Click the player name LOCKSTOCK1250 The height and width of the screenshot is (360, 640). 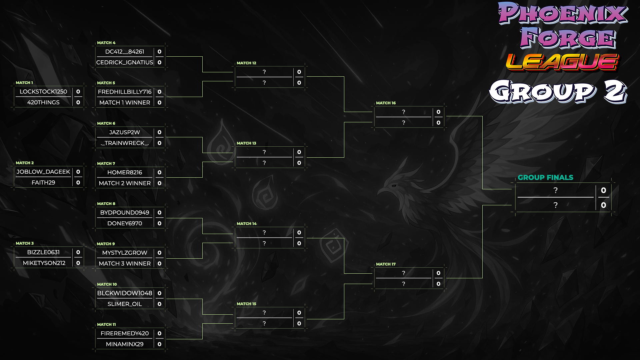click(43, 92)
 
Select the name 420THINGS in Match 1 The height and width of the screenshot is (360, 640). click(43, 102)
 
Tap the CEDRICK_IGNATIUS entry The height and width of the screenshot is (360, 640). click(125, 62)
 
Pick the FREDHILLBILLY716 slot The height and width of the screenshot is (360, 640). click(125, 92)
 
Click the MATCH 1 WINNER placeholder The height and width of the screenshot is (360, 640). click(125, 102)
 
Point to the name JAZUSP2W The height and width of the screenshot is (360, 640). click(125, 132)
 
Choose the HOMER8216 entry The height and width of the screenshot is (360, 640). click(125, 172)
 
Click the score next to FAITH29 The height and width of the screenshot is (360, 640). click(78, 183)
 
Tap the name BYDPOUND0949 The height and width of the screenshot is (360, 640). click(125, 213)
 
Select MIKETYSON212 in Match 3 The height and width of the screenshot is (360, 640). click(44, 263)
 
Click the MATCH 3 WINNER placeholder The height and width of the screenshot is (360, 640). click(125, 263)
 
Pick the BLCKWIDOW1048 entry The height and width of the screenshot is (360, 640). click(125, 293)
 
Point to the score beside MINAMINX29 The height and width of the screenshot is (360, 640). click(159, 344)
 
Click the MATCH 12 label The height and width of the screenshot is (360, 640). click(246, 63)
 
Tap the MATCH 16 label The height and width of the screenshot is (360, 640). click(386, 103)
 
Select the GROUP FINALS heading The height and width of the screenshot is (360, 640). click(545, 177)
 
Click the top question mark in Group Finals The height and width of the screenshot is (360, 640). click(555, 190)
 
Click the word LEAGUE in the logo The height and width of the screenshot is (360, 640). click(562, 62)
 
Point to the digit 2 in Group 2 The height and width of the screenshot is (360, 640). click(615, 92)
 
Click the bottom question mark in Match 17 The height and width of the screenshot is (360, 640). click(404, 284)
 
